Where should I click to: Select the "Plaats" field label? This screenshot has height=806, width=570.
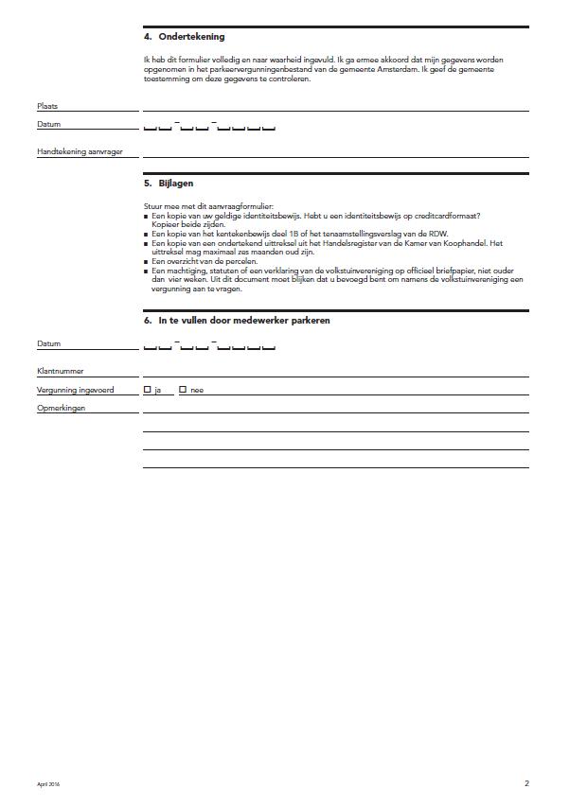tap(47, 107)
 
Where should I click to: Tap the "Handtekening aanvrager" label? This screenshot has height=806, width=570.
tap(80, 151)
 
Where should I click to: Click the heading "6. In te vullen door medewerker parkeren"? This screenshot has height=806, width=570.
tap(237, 321)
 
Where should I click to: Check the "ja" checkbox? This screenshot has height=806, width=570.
tap(147, 389)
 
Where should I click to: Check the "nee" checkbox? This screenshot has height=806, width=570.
tap(183, 389)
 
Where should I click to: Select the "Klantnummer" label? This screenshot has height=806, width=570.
tap(60, 372)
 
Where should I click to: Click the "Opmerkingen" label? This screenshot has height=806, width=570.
tap(62, 407)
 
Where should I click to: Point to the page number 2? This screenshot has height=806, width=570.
tap(526, 783)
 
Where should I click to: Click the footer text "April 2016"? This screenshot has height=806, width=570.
tap(48, 784)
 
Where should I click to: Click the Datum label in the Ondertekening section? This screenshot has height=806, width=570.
tap(48, 125)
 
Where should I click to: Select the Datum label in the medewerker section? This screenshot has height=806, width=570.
tap(48, 344)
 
